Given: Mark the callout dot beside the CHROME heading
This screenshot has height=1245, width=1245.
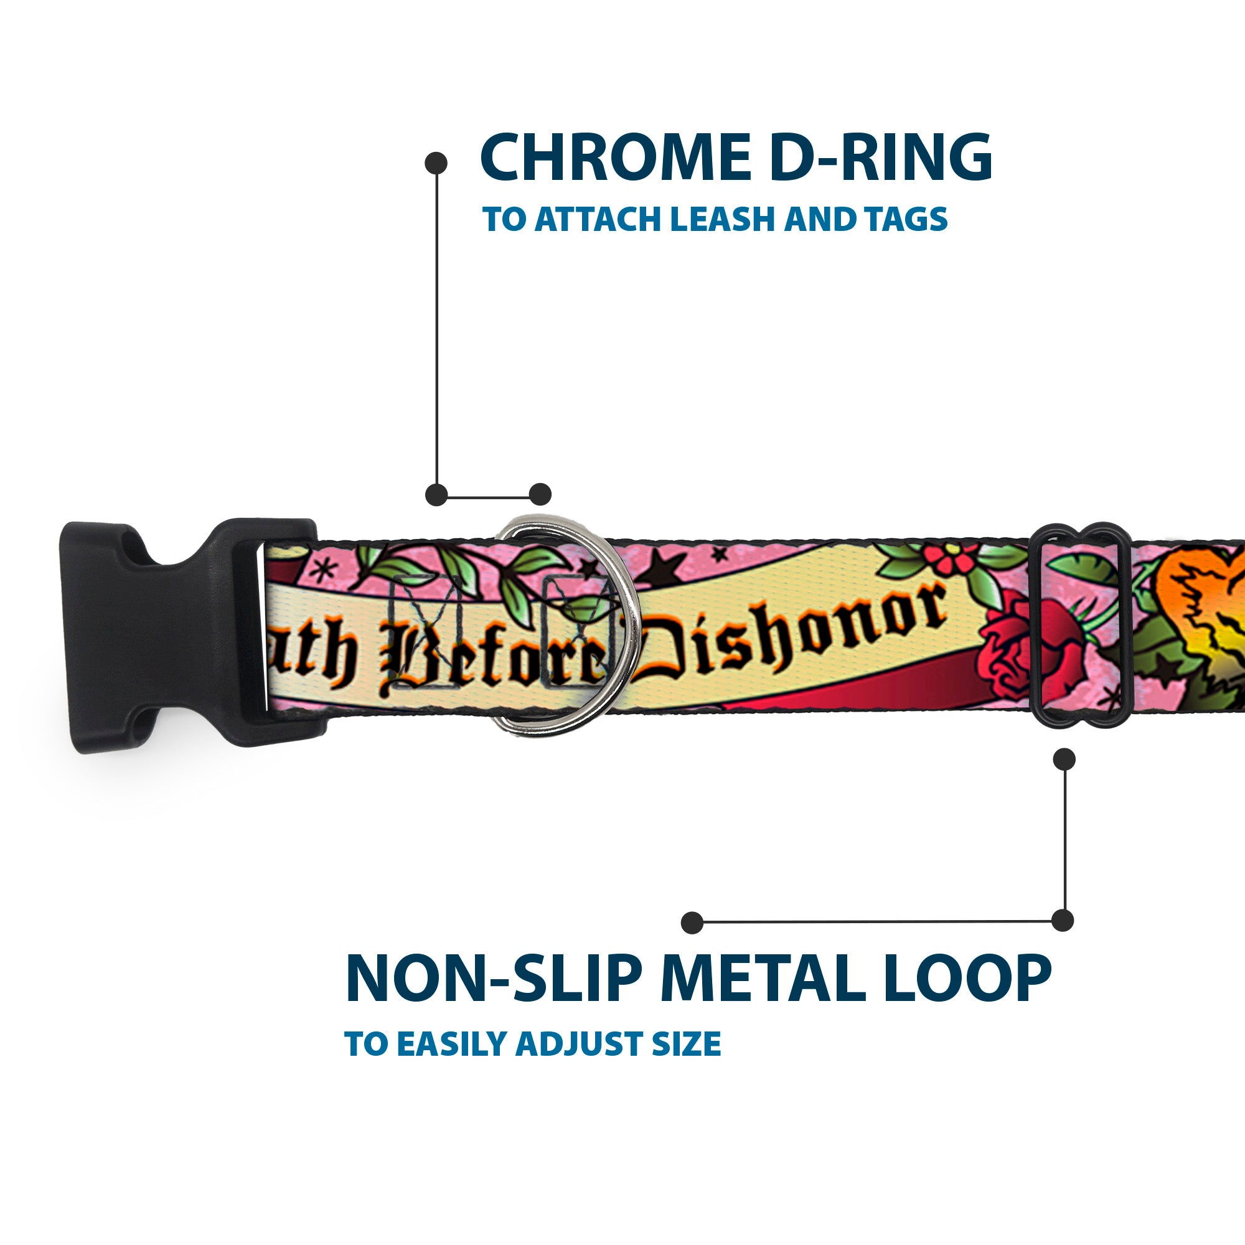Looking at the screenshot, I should click(436, 163).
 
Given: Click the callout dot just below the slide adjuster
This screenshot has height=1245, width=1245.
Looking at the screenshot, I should click(1064, 759).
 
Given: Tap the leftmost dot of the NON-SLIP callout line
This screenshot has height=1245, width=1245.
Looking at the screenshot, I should click(692, 922).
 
